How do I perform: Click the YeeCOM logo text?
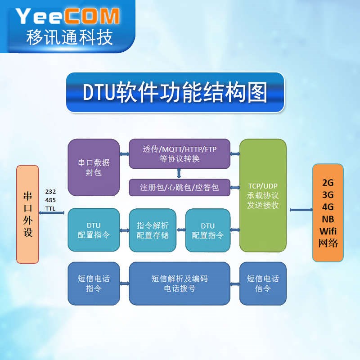(x=67, y=16)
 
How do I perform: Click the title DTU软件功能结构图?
(x=175, y=92)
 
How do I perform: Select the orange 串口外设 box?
(x=27, y=214)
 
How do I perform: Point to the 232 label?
(x=50, y=192)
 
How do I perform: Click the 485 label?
(x=50, y=200)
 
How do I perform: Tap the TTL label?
(x=50, y=209)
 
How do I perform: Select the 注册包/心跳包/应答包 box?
(x=180, y=187)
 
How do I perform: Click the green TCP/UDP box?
(x=263, y=195)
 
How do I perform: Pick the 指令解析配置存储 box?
(x=152, y=230)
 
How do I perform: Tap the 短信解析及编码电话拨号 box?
(x=180, y=283)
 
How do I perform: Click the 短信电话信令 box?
(x=263, y=283)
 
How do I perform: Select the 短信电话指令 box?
(x=94, y=283)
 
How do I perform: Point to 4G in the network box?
(x=328, y=207)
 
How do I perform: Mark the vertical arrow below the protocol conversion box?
(x=179, y=173)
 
